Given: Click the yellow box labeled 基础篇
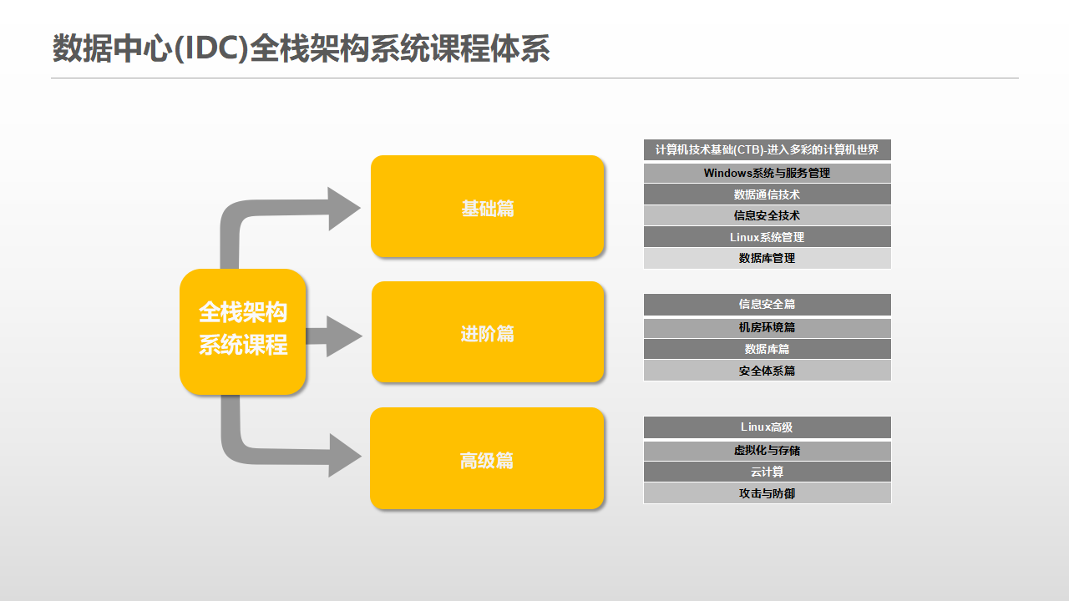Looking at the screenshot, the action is (x=487, y=206).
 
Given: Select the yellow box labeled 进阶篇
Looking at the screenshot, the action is (x=488, y=332).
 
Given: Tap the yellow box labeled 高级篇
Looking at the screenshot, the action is (x=487, y=458).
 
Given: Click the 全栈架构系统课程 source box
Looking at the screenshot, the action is (x=242, y=332).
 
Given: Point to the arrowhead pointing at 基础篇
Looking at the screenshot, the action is (x=342, y=209).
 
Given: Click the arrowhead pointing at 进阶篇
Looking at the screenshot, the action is (x=342, y=336).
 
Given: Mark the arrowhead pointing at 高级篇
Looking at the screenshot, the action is (x=343, y=456).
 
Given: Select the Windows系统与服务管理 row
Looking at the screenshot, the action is (x=767, y=173).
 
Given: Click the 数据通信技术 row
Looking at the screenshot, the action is (x=767, y=194).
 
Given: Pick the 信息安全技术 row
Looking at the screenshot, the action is (x=767, y=215).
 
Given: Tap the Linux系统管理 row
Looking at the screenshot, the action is (x=767, y=237).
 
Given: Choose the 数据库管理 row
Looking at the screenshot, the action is (x=767, y=258).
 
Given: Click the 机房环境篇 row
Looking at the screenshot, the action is (x=767, y=328).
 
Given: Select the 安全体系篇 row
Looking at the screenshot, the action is (x=767, y=371).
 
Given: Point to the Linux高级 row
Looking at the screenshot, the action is (x=767, y=427).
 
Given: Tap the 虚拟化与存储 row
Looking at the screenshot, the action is (x=767, y=451).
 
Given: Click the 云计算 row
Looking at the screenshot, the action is (x=767, y=472).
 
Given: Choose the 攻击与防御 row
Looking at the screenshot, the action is (x=767, y=493).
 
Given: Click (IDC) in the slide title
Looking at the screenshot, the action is (x=211, y=48).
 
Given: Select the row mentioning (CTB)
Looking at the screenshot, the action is (x=767, y=149).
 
